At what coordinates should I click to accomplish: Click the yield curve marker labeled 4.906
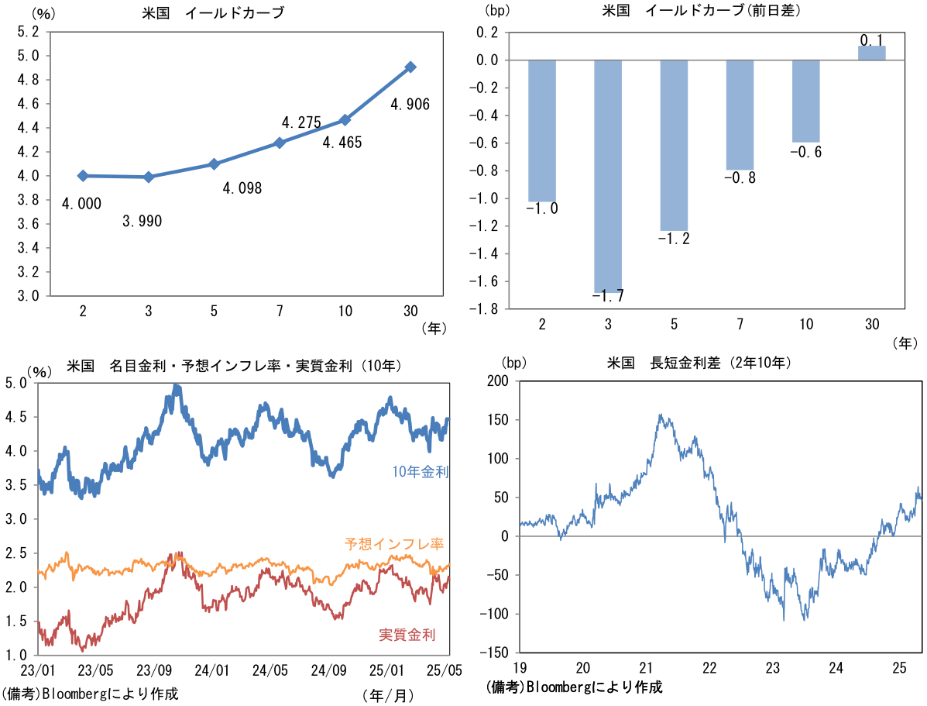[x=410, y=67]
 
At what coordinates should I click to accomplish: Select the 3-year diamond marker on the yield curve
[x=149, y=177]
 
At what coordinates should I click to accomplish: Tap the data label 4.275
[x=301, y=122]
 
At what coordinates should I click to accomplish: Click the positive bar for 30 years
[x=871, y=53]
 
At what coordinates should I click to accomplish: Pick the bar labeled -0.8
[x=740, y=115]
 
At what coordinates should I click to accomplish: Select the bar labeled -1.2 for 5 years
[x=674, y=145]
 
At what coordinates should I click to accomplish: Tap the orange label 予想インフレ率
[x=394, y=543]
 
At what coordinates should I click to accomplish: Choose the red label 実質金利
[x=407, y=635]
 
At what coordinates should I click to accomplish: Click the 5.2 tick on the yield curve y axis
[x=28, y=32]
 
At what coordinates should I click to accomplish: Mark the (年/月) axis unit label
[x=387, y=695]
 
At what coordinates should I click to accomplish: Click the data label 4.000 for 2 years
[x=82, y=203]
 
